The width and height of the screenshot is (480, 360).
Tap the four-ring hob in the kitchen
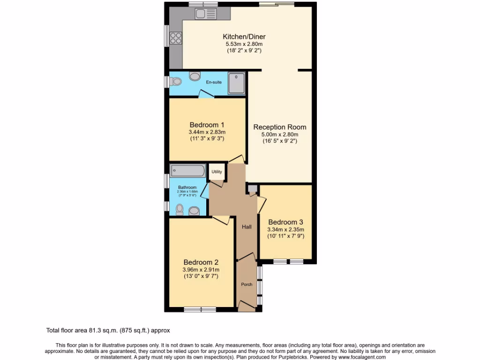(x=176, y=37)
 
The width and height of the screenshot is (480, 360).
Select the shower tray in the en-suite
(x=237, y=83)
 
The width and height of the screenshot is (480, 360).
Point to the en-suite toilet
(x=175, y=82)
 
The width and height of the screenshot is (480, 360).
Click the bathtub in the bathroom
(x=187, y=170)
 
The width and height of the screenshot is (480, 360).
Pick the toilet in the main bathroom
(x=180, y=210)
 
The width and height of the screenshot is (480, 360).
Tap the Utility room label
(x=217, y=172)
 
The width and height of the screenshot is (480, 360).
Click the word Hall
(x=247, y=227)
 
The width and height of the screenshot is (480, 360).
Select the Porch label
(x=247, y=285)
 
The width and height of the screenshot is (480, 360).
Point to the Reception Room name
(x=280, y=127)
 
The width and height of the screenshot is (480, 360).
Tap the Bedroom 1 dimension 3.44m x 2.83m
(x=207, y=132)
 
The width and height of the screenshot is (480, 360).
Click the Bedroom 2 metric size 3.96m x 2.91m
(x=201, y=270)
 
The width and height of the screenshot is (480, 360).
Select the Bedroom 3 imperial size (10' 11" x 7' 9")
(x=285, y=236)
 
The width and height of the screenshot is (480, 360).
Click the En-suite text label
(x=214, y=82)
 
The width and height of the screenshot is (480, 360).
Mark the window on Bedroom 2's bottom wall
(x=200, y=309)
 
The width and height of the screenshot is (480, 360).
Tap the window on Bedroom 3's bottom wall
(x=288, y=261)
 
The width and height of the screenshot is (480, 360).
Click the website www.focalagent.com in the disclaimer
(x=359, y=357)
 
